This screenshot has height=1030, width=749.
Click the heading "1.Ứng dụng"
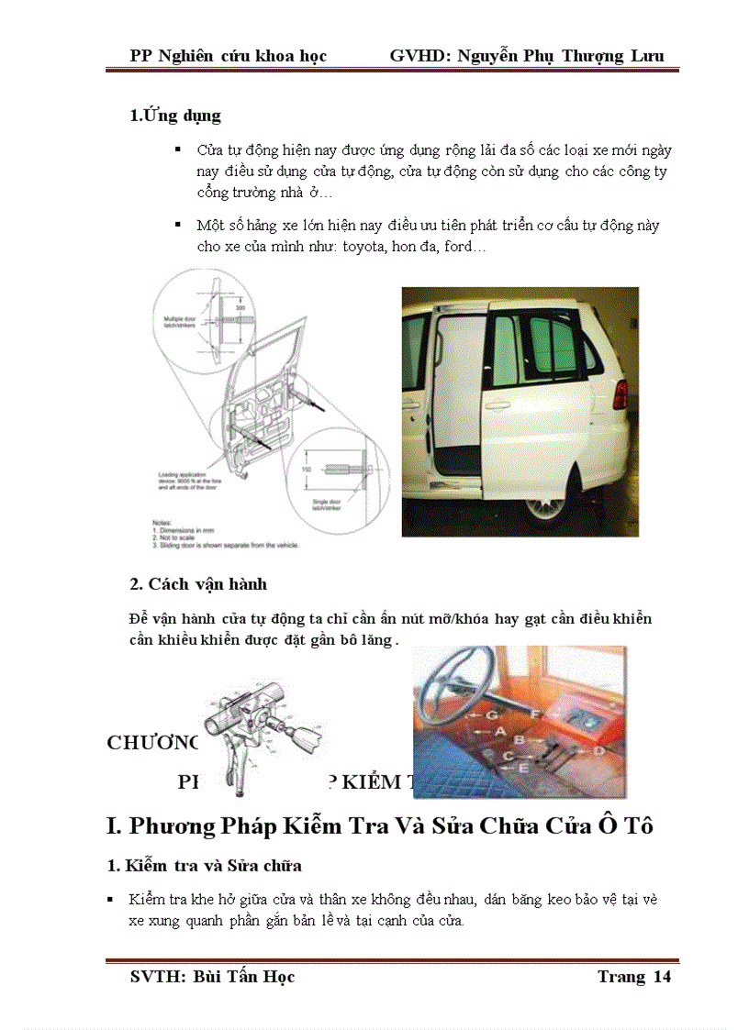coord(175,116)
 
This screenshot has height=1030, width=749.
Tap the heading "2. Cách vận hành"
coord(198,584)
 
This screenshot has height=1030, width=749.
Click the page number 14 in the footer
coord(662,976)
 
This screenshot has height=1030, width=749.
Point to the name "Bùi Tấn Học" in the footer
coord(244,976)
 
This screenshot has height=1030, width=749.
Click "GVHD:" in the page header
coord(414,56)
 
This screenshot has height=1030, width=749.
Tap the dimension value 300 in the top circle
coord(240,309)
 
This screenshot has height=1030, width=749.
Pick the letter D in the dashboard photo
coord(598,750)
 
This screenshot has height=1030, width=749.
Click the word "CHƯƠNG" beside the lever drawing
coord(152,743)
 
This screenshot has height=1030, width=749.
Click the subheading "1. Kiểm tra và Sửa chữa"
coord(217,865)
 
